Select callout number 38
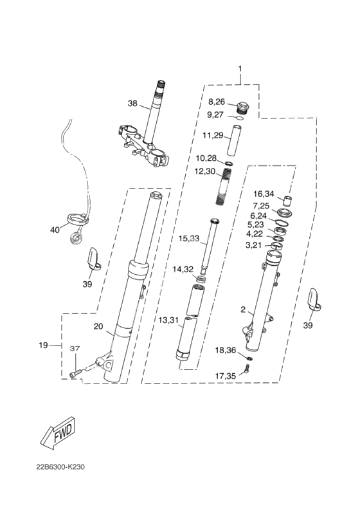[132, 104]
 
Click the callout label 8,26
[217, 102]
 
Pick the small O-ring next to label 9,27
[239, 118]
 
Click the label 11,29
[213, 135]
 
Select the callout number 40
[55, 230]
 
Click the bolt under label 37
[74, 375]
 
